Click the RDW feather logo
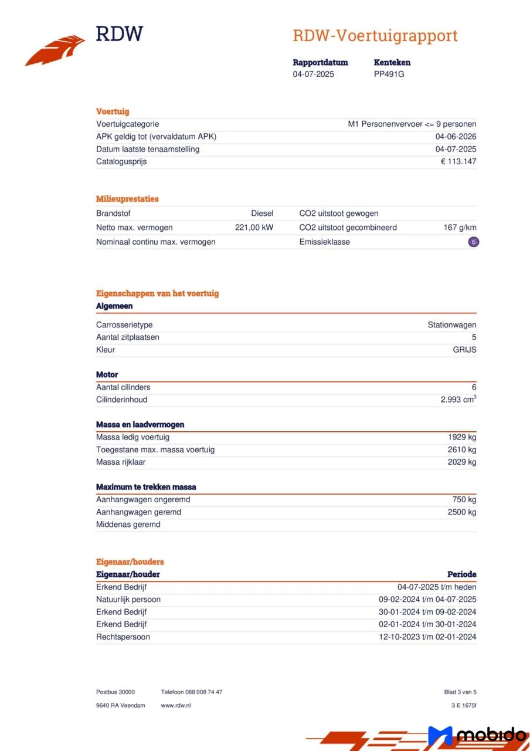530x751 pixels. point(55,50)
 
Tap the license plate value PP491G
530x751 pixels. point(389,74)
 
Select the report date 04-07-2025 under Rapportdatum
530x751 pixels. point(314,74)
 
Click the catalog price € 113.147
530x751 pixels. point(458,161)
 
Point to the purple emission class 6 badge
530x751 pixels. point(474,242)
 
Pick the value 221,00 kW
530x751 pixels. point(254,227)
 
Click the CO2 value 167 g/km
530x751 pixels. point(460,227)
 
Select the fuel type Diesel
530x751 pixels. point(262,214)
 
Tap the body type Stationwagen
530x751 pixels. point(451,324)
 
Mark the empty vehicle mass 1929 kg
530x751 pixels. point(461,437)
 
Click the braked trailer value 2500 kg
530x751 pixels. point(461,512)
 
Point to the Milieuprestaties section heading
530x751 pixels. point(127,199)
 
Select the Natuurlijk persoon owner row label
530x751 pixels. point(128,600)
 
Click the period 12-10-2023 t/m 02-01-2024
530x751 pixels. point(427,637)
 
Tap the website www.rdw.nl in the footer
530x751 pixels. point(176,705)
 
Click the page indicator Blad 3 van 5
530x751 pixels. point(460,692)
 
